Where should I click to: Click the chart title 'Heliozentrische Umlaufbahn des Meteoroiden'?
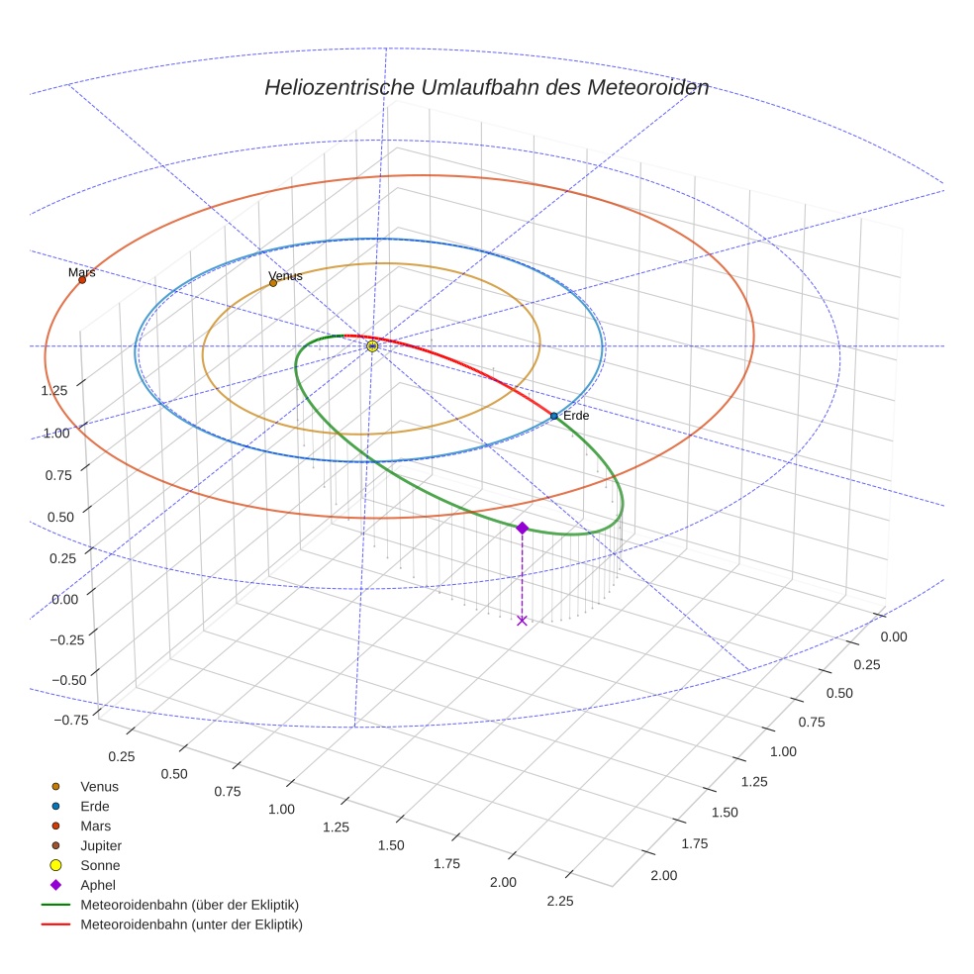[486, 87]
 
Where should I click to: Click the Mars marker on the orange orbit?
[82, 280]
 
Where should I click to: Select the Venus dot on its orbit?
[273, 283]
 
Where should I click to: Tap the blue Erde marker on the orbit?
[553, 416]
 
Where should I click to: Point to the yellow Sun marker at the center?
[372, 346]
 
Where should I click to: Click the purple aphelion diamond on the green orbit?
[522, 529]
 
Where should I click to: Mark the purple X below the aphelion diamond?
[522, 621]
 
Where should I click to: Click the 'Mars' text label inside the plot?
[82, 271]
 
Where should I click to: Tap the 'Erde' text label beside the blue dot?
[576, 416]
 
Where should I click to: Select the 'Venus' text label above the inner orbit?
[286, 275]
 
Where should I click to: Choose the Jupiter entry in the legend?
[101, 845]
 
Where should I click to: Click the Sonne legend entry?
[100, 865]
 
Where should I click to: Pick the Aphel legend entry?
[98, 885]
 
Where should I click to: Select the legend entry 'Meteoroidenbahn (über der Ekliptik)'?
[189, 905]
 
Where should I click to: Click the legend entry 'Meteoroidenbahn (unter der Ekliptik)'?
[191, 925]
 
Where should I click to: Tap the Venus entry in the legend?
[99, 786]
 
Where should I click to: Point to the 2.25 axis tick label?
[559, 900]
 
